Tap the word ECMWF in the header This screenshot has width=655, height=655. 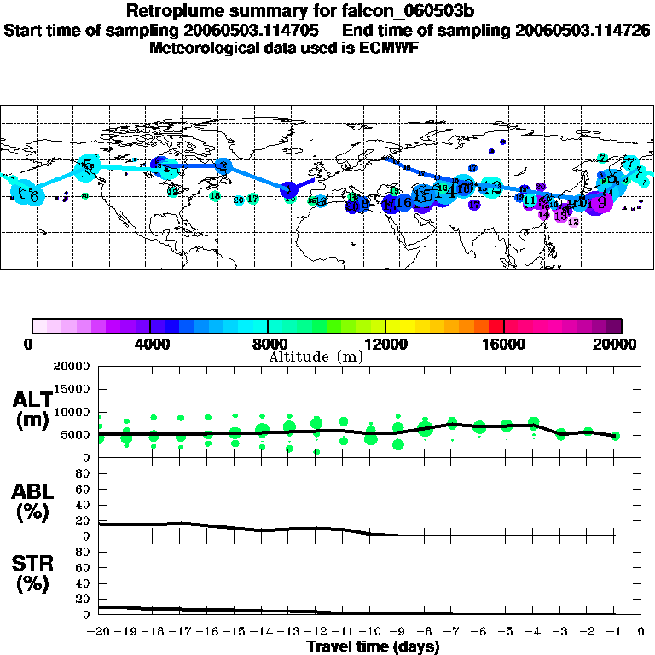(x=388, y=48)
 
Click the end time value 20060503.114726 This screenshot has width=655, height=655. (x=583, y=30)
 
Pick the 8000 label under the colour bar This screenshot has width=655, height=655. (x=267, y=345)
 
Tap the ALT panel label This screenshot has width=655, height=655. (x=33, y=399)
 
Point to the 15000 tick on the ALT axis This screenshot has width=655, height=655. (x=73, y=389)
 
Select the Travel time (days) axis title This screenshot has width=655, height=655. (x=373, y=646)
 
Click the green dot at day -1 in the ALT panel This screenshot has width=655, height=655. (x=615, y=436)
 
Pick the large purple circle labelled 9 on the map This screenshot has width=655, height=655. (x=601, y=202)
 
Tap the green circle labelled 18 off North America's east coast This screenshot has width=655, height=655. (x=214, y=196)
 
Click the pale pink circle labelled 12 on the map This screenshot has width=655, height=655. (x=573, y=222)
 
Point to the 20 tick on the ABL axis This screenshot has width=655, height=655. (x=84, y=520)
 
